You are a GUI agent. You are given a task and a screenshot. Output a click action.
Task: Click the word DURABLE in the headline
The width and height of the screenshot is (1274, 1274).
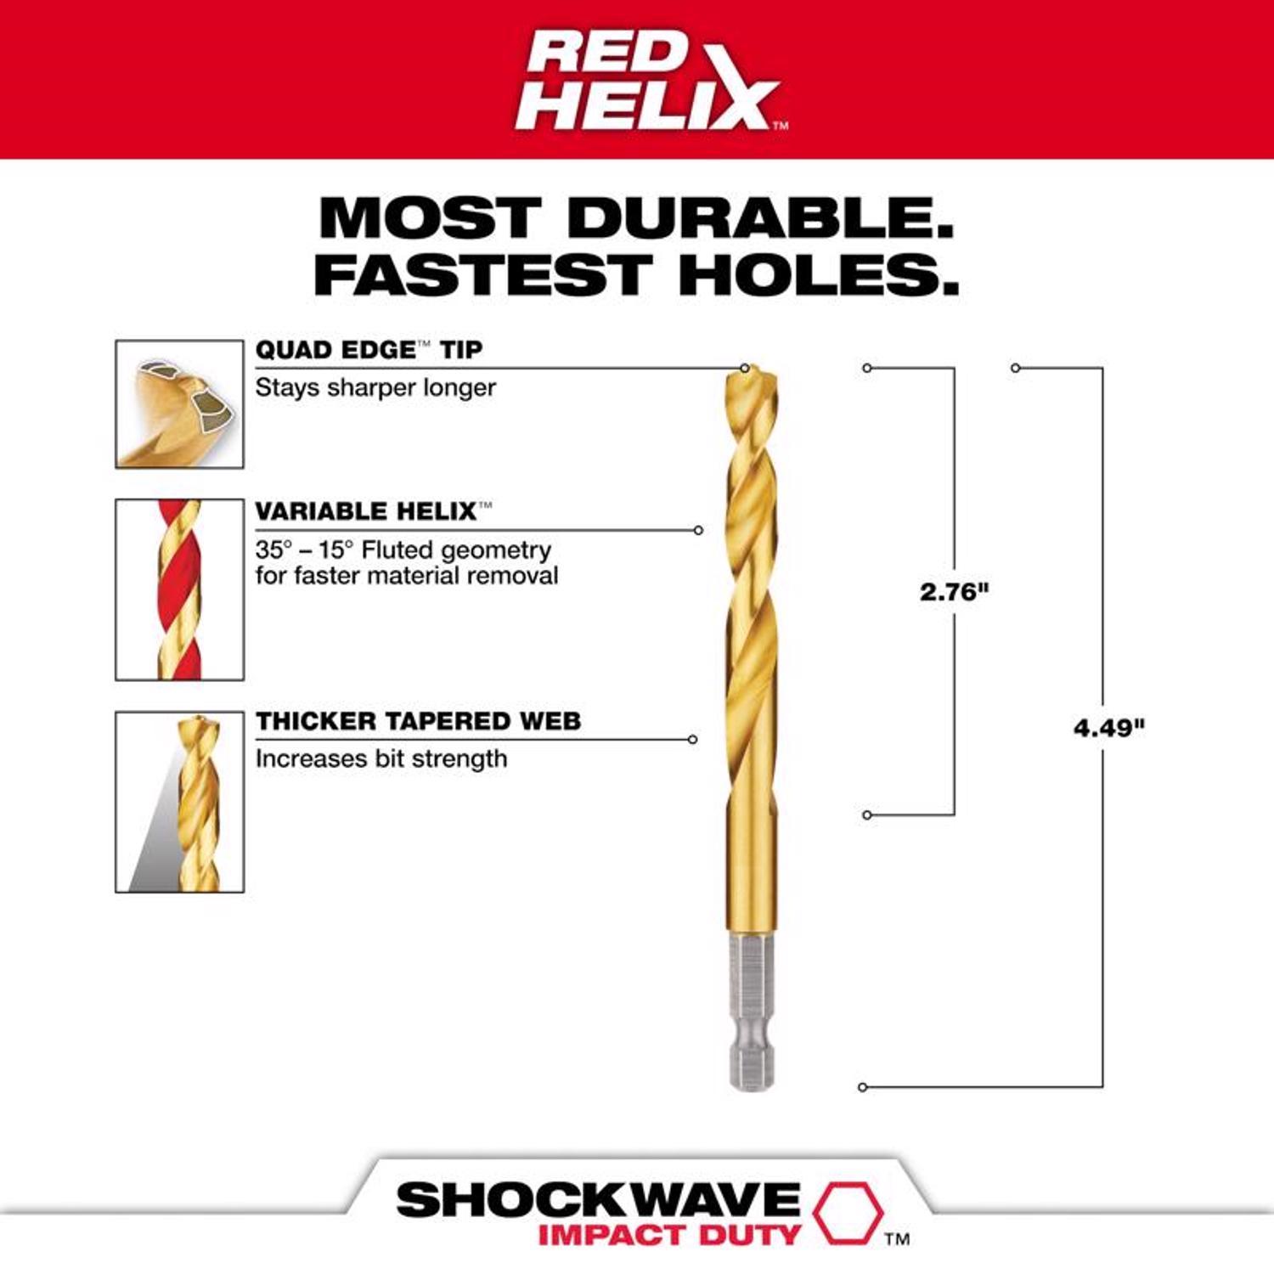760,218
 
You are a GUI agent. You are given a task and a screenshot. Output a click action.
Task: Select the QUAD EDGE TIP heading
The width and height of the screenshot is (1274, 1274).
369,349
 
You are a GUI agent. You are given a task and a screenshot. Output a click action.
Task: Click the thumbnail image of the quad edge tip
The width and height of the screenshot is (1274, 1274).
179,404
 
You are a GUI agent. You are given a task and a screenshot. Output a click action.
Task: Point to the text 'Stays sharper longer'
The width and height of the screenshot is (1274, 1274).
375,387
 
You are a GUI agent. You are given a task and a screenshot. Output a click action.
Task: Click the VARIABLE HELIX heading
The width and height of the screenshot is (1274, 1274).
366,511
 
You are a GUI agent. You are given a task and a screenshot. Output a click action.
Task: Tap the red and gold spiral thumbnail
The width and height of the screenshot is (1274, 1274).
179,589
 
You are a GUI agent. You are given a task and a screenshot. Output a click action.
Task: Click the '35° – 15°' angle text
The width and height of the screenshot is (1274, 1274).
304,550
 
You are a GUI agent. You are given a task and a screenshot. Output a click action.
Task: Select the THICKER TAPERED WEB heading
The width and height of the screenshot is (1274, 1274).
418,721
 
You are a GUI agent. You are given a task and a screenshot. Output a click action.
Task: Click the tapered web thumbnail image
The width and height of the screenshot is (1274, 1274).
179,802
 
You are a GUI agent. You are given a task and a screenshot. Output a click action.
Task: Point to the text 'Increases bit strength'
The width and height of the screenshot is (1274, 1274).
381,758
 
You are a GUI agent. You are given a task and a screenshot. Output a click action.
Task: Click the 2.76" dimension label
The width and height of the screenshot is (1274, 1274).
954,591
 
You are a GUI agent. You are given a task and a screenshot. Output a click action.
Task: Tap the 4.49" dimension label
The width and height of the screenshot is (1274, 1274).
1108,728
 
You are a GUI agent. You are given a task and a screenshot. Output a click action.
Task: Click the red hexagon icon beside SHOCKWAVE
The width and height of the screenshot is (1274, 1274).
846,1211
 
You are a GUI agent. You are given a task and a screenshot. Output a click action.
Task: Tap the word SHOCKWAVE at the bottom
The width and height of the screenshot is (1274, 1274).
598,1200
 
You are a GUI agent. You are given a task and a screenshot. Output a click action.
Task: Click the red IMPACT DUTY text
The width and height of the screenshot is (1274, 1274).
669,1235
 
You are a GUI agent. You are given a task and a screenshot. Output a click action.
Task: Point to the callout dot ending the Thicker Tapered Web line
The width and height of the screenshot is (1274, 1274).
693,740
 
